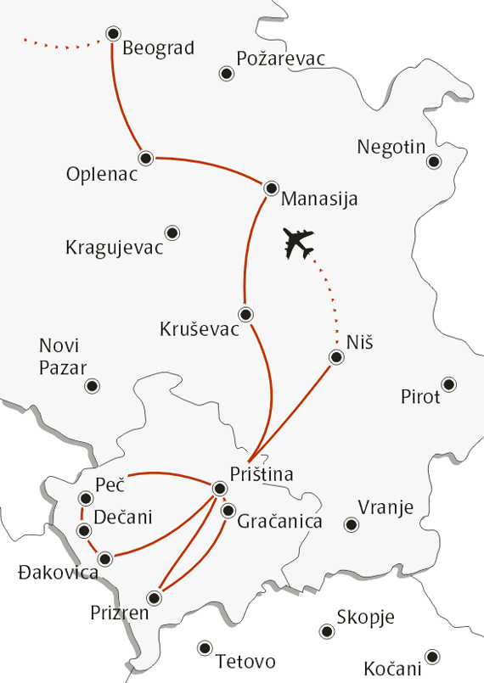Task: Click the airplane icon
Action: pos(299,244)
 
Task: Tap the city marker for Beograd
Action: pos(113,34)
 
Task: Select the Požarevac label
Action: pos(280,58)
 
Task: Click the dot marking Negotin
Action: pos(434,161)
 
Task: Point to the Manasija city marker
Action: pos(271,188)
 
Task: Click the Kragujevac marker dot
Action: pos(172,232)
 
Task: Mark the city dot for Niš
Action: pos(336,357)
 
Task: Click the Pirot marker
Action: pos(449,384)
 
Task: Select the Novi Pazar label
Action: pos(59,356)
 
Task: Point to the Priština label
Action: pos(262,475)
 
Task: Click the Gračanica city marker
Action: pos(228,511)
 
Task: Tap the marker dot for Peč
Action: pos(85,498)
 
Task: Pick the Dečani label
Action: pos(124,517)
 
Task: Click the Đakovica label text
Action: pos(57,574)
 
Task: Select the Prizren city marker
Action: pos(154,596)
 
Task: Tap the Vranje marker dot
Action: pos(351,524)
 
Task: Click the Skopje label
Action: pos(366,619)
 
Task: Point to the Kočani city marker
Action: pos(433,657)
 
